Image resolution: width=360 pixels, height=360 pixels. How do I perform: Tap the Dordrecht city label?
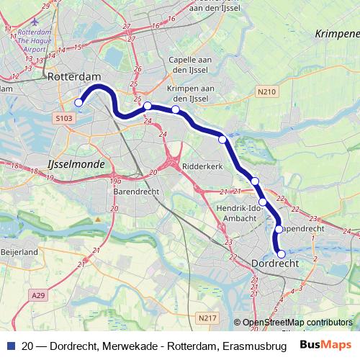click(x=275, y=265)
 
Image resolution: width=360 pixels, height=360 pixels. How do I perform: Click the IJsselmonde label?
click(x=75, y=164)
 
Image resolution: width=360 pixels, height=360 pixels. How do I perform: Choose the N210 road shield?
click(x=266, y=92)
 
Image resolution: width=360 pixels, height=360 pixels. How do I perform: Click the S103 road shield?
click(x=63, y=116)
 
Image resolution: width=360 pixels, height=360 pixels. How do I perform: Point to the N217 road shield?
click(x=207, y=317)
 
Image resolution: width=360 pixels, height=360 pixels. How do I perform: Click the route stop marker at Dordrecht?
click(x=282, y=253)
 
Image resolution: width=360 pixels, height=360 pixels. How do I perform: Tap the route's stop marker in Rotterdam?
click(x=78, y=103)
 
